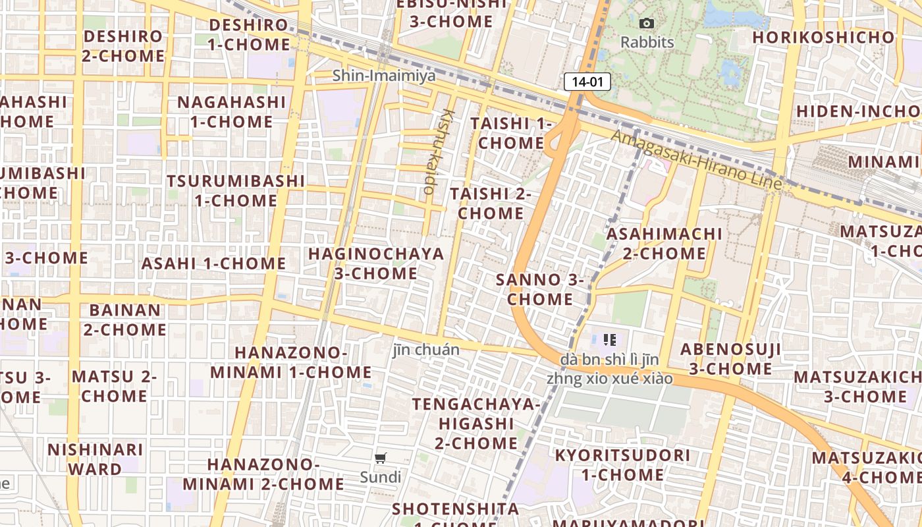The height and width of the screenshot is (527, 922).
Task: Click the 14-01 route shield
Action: coord(587,82)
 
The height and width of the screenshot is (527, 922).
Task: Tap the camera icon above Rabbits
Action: coord(647,24)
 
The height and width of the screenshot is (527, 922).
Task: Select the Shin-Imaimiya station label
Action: coord(383,76)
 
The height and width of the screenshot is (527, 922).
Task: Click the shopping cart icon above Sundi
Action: coord(380,458)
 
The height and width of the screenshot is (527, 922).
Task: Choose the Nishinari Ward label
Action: coord(95,459)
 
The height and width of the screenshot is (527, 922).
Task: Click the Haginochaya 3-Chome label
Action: coord(376,263)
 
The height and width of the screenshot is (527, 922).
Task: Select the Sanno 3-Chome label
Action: coord(540,289)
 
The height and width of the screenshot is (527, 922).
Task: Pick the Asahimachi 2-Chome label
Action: coord(664,244)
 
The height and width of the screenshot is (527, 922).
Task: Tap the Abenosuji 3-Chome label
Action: coord(730,359)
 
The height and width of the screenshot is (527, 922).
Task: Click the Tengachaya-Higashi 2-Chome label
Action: coord(475,423)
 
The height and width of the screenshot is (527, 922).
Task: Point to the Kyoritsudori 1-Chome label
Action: coord(622,464)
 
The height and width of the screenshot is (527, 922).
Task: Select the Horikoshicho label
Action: coord(823,37)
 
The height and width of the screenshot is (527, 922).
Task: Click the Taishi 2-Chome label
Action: coord(491,204)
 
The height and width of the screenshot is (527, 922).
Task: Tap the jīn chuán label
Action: coord(425,350)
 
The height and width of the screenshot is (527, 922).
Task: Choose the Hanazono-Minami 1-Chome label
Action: coord(290,362)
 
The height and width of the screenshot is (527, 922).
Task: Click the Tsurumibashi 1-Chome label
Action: coord(235,190)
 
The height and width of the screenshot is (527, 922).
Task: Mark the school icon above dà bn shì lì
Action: coord(610,340)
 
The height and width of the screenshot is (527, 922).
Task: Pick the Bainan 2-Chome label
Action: coord(124,319)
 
